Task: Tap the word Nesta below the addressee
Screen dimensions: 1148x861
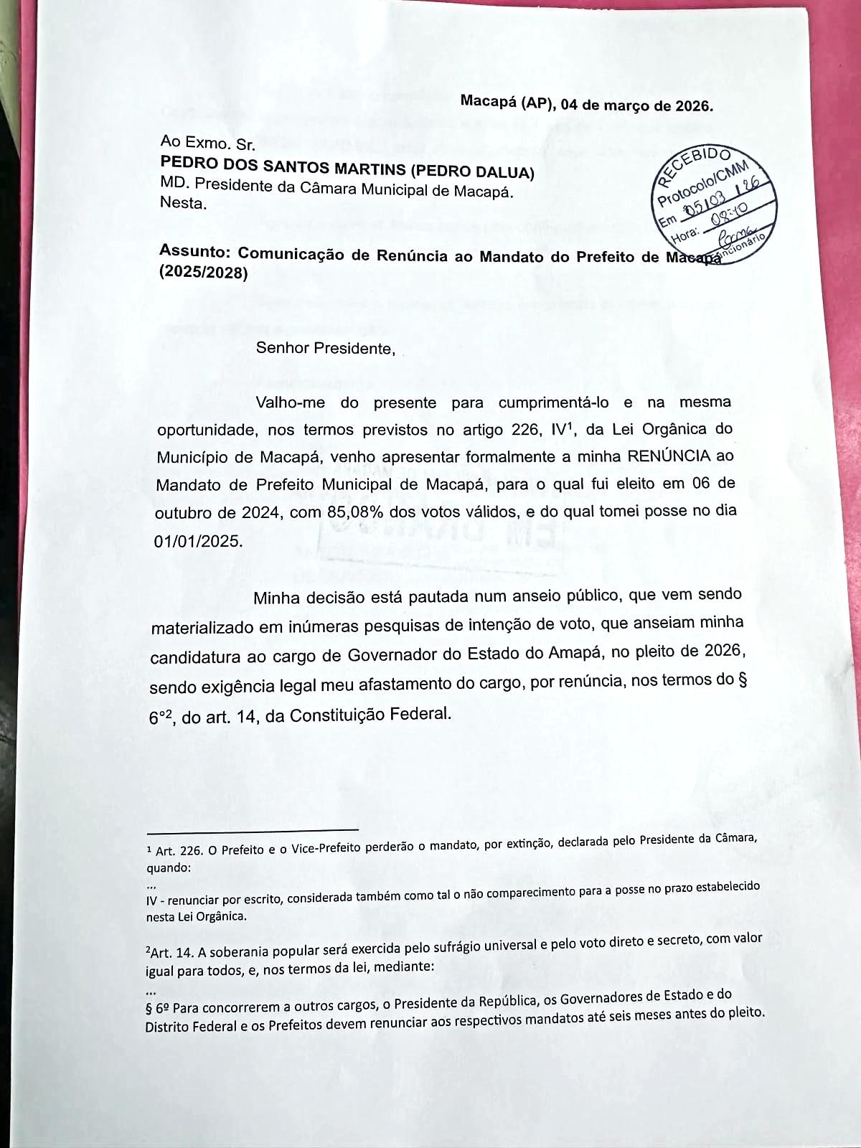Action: pyautogui.click(x=183, y=203)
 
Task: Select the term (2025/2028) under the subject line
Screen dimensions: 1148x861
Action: pyautogui.click(x=203, y=273)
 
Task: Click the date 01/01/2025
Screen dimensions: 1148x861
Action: pyautogui.click(x=199, y=540)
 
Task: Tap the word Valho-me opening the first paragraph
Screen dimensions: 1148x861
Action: pyautogui.click(x=291, y=402)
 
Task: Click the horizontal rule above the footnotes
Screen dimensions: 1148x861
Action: pyautogui.click(x=252, y=831)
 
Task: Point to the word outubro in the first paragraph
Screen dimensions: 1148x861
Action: pyautogui.click(x=179, y=514)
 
